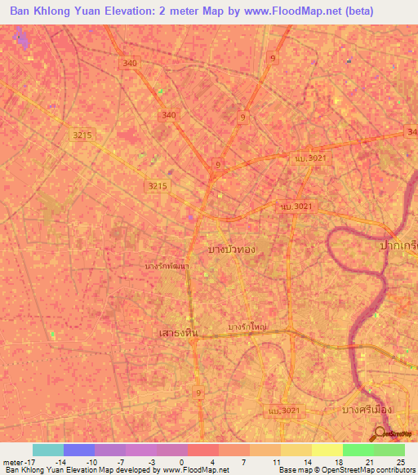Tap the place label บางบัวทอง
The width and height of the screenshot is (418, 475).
tap(237, 248)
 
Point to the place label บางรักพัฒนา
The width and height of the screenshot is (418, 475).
tap(168, 266)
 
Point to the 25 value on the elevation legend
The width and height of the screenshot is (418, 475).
tap(400, 462)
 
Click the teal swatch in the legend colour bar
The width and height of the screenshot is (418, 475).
tap(48, 450)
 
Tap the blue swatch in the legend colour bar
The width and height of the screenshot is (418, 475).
tap(79, 450)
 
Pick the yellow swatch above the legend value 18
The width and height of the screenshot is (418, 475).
tap(327, 450)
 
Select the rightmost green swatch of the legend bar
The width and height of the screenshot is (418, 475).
tap(389, 450)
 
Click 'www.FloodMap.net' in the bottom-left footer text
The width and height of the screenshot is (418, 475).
tap(196, 470)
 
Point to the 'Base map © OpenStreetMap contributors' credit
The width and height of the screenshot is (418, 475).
tap(346, 470)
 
